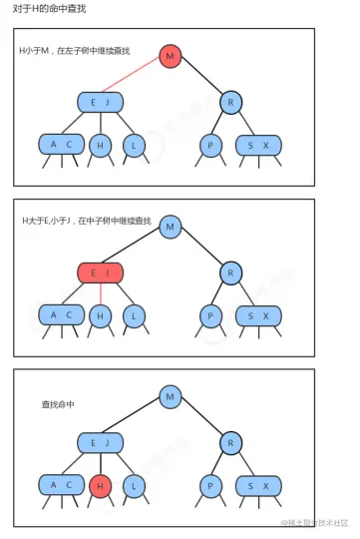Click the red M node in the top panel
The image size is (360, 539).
pos(170,56)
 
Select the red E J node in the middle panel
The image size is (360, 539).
pos(100,272)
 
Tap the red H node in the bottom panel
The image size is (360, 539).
pos(99,486)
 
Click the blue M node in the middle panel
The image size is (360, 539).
pos(171,227)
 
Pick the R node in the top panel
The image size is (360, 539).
pos(230,101)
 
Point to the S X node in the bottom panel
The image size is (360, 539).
pos(258,486)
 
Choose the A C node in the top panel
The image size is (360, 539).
pos(62,145)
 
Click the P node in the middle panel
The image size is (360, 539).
pos(210,315)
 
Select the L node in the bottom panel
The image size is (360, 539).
pos(132,486)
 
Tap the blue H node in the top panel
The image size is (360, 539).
pos(99,145)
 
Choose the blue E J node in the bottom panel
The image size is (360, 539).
pos(100,442)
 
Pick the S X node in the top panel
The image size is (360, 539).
pos(258,145)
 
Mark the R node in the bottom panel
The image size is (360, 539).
pos(230,442)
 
